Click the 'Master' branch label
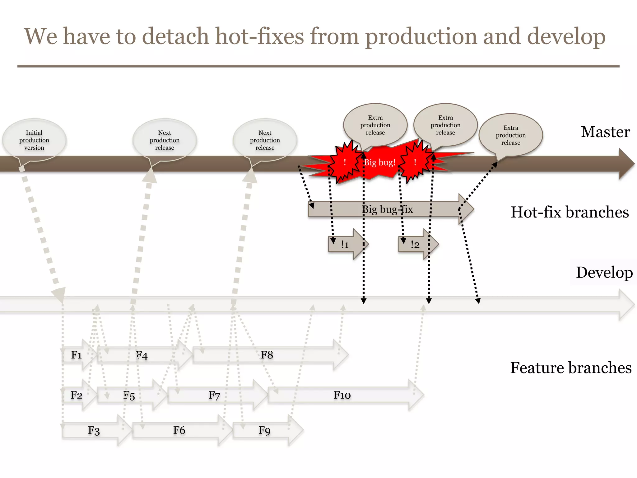click(x=605, y=132)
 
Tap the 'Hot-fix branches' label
click(x=570, y=212)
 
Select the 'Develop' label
click(x=604, y=272)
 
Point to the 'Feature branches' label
click(x=571, y=368)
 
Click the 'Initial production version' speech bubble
click(x=34, y=140)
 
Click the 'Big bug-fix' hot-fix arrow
click(x=387, y=209)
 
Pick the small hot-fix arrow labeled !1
click(x=345, y=245)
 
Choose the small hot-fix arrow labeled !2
click(x=416, y=245)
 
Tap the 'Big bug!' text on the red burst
click(x=380, y=162)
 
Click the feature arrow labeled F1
click(x=77, y=355)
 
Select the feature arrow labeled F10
click(x=342, y=395)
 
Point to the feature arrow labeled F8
click(x=267, y=355)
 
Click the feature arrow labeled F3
click(x=94, y=431)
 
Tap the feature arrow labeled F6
click(x=179, y=430)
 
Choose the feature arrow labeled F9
click(x=264, y=430)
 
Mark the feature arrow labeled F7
click(x=214, y=395)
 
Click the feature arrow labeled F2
click(x=77, y=395)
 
